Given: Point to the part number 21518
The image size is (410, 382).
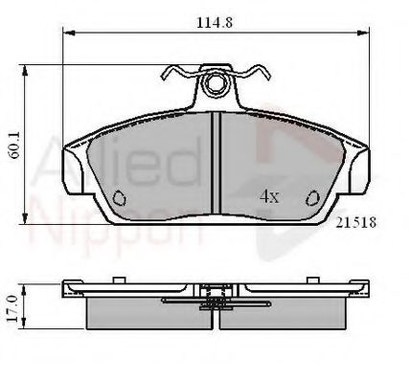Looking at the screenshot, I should click(354, 221).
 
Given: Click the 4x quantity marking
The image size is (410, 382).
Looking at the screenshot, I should click(269, 196).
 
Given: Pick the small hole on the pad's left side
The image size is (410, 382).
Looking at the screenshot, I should click(119, 199).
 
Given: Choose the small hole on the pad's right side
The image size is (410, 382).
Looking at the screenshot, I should click(311, 199).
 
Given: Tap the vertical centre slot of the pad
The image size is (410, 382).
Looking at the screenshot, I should click(216, 163).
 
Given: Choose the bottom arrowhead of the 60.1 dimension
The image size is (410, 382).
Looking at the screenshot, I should click(24, 225).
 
